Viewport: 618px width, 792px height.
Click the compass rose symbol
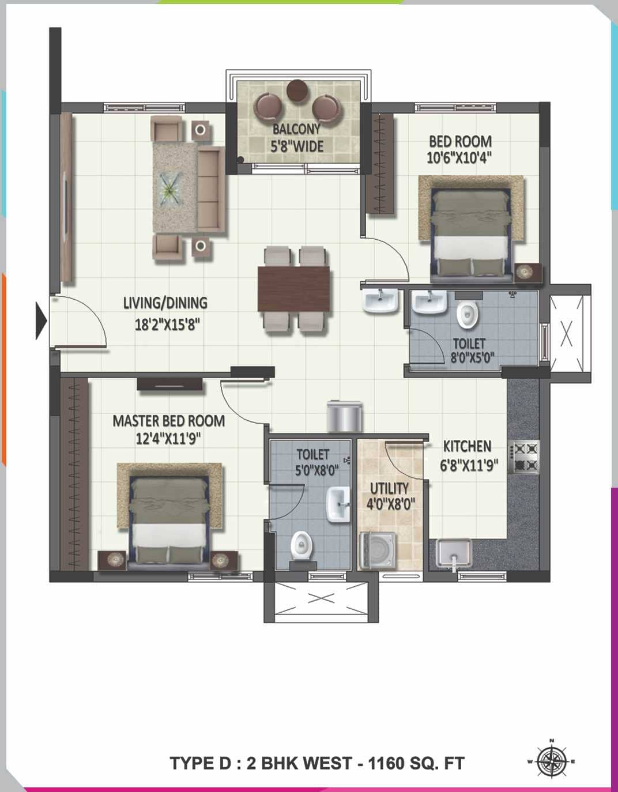coord(551,761)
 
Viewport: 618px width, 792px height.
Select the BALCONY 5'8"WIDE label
coord(297,138)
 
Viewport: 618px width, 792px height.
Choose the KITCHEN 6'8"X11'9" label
coord(468,455)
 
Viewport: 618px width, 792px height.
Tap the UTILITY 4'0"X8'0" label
coord(390,496)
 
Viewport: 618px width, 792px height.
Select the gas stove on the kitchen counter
coord(524,457)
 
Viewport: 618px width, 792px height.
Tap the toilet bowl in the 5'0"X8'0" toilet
coord(301,545)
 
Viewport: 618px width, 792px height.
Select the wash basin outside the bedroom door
coord(380,301)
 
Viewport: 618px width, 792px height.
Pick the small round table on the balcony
coord(298,89)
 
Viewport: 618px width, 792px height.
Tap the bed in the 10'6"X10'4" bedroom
coord(472,231)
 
